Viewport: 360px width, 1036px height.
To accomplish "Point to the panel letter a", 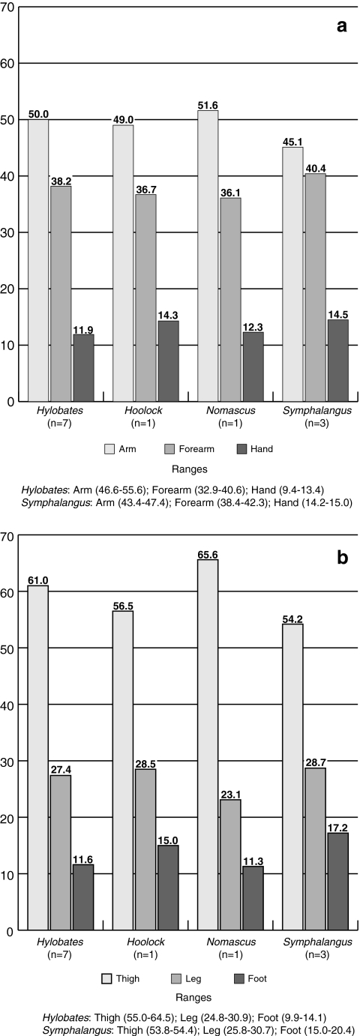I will [x=341, y=27].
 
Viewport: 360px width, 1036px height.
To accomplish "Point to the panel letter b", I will [x=341, y=557].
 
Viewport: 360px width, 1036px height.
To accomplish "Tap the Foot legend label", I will [x=256, y=978].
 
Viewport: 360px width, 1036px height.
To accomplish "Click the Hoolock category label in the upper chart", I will [x=135, y=412].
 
